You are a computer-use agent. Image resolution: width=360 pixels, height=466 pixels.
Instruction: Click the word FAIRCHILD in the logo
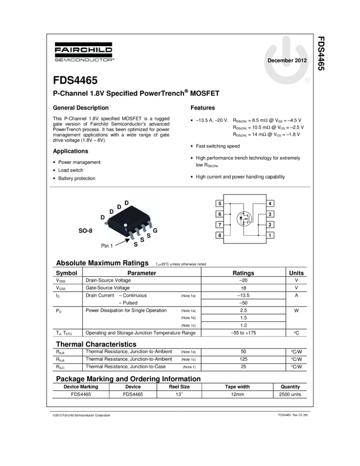pos(84,50)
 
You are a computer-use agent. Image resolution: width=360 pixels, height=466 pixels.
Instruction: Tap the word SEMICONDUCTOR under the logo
pos(84,60)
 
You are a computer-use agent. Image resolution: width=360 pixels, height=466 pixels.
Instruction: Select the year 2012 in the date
pos(301,60)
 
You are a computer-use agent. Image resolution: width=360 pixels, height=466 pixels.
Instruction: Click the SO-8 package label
pos(86,231)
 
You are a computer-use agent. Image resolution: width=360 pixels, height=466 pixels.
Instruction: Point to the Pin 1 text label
pos(107,246)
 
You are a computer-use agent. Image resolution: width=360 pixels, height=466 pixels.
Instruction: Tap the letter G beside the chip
pos(155,231)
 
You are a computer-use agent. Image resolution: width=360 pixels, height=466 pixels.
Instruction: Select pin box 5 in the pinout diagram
pos(220,204)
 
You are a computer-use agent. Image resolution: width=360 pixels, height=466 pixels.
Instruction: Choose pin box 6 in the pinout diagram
pos(220,214)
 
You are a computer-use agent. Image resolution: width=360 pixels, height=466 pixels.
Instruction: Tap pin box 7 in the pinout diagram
pos(220,225)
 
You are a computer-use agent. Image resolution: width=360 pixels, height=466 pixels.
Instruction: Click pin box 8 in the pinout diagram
pos(220,235)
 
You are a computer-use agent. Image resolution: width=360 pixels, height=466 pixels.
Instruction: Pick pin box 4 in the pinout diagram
pos(270,204)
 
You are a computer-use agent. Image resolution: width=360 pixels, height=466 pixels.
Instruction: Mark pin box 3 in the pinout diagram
pos(270,214)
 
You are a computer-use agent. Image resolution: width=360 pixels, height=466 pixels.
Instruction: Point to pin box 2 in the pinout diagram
pos(270,225)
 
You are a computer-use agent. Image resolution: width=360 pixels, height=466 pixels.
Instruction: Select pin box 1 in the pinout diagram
pos(270,235)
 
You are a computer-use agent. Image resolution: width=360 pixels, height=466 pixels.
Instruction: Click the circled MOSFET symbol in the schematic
pos(244,219)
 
